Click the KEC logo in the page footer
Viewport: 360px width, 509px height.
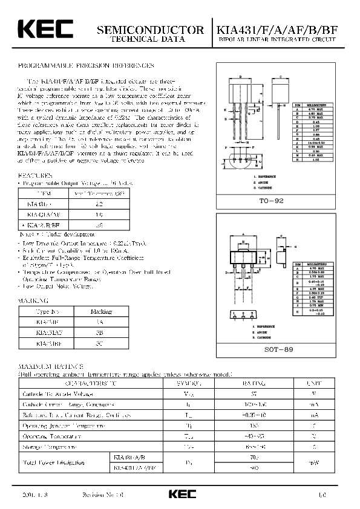click(182, 494)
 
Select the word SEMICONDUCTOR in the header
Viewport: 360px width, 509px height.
click(151, 30)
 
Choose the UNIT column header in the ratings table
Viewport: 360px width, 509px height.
click(313, 384)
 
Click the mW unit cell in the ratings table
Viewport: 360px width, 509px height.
click(313, 462)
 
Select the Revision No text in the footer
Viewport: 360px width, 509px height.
click(103, 494)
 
